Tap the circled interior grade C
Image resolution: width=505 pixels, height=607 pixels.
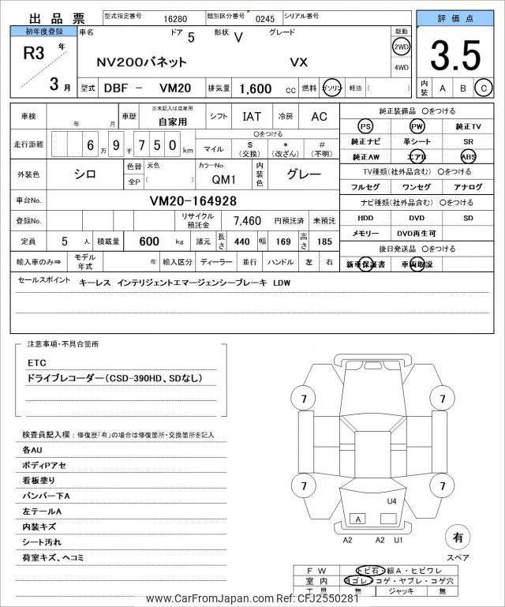pos(484,88)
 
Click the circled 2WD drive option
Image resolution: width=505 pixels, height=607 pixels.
pos(401,47)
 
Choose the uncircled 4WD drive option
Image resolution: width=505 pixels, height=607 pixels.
pos(401,68)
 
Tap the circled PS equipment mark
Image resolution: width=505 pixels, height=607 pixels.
pos(365,126)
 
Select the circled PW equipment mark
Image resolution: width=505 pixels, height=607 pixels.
pos(417,126)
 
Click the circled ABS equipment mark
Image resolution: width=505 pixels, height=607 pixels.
pos(469,156)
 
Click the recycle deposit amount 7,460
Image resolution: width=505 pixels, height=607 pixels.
pos(246,220)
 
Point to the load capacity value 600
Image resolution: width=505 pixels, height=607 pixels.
pos(149,241)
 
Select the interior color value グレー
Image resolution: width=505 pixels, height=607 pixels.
pos(303,174)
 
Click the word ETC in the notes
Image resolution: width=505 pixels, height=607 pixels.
pos(37,362)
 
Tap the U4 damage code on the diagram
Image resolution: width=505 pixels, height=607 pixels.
pos(391,501)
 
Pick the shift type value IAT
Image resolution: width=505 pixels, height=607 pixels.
pos(252,116)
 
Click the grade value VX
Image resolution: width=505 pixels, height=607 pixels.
pos(300,62)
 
